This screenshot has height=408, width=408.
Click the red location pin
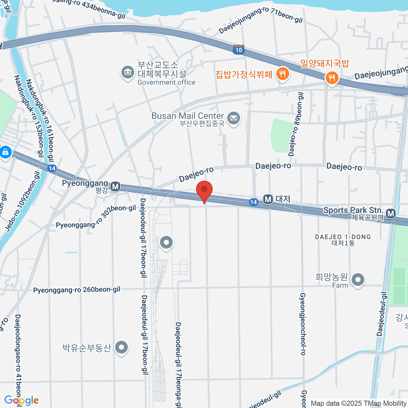pyautogui.click(x=204, y=190)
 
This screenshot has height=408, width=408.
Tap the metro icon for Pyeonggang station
pyautogui.click(x=116, y=186)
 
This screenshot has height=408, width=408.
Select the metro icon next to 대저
pyautogui.click(x=268, y=199)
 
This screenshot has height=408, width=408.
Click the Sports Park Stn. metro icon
pyautogui.click(x=391, y=214)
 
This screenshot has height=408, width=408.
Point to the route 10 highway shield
pyautogui.click(x=239, y=50)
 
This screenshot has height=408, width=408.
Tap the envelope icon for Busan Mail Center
pyautogui.click(x=233, y=119)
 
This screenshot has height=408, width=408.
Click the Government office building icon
pyautogui.click(x=128, y=72)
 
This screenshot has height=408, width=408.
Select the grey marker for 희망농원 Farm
pyautogui.click(x=358, y=280)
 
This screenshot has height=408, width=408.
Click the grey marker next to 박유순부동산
pyautogui.click(x=121, y=347)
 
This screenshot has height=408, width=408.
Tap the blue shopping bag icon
pyautogui.click(x=5, y=152)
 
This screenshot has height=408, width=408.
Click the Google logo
pyautogui.click(x=21, y=401)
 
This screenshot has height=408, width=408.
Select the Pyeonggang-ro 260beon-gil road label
pyautogui.click(x=76, y=290)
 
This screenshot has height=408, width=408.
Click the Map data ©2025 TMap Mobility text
pyautogui.click(x=359, y=403)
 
